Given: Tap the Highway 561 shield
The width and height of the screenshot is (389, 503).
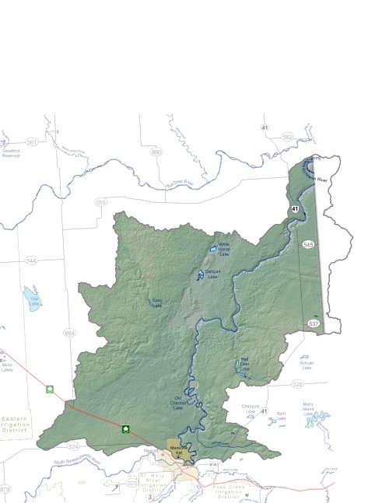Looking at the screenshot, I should [x=31, y=142].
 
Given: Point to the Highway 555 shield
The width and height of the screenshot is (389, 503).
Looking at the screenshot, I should [x=100, y=202].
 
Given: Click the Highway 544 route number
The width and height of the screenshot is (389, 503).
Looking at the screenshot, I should [x=30, y=260].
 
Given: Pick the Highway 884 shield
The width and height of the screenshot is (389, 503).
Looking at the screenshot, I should [x=71, y=333].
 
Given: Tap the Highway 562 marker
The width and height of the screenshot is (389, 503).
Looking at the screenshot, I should [x=288, y=137].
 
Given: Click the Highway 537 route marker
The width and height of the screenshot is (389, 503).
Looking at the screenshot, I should [x=314, y=323].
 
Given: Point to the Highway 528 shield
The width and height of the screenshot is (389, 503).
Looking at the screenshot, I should [x=297, y=384].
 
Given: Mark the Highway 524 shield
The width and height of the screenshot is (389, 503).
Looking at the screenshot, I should [x=74, y=446].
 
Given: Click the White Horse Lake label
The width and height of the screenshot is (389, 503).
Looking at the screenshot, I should [x=224, y=249].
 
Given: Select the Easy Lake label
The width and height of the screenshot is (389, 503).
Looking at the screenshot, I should [x=156, y=303].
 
